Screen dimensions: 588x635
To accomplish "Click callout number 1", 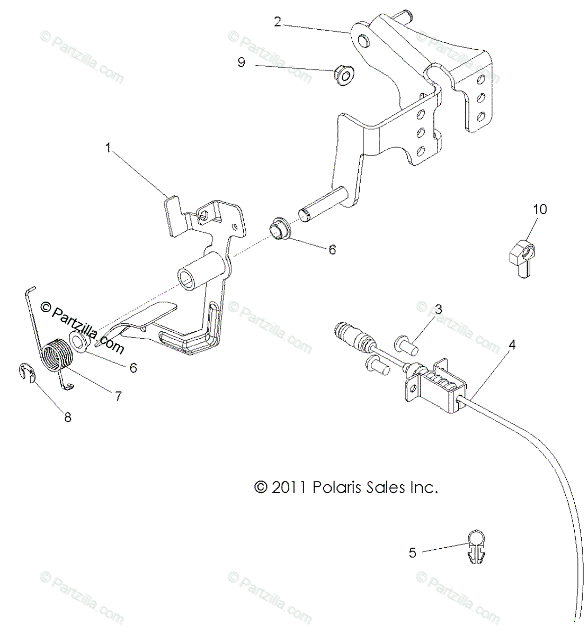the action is pyautogui.click(x=109, y=149).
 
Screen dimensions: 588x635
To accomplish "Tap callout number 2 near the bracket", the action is pyautogui.click(x=278, y=22).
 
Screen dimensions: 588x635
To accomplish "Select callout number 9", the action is pyautogui.click(x=241, y=62).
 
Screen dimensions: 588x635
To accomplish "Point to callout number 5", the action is pyautogui.click(x=413, y=553).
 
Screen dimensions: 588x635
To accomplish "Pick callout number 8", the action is pyautogui.click(x=68, y=417).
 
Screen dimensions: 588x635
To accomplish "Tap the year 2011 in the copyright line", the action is pyautogui.click(x=289, y=487).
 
